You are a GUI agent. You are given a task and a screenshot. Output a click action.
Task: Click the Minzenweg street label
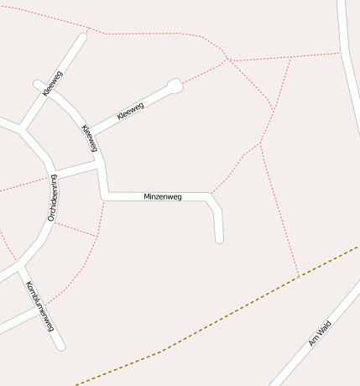[x=163, y=196]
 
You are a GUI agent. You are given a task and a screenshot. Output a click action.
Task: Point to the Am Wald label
[x=320, y=334]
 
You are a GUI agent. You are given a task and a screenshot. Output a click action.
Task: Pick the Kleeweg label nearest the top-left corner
[x=53, y=83]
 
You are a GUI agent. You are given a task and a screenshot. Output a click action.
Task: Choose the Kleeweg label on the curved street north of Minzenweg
[x=90, y=138]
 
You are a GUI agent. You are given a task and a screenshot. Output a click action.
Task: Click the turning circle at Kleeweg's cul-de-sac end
[x=175, y=85]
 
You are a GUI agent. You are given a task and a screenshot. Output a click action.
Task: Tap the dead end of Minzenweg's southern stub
[x=220, y=240]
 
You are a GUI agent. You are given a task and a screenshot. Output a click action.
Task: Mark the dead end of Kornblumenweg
[x=60, y=347]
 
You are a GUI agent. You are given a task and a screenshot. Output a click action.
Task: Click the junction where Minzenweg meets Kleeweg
[x=103, y=196]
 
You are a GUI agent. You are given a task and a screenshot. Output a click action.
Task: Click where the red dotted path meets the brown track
[x=299, y=276]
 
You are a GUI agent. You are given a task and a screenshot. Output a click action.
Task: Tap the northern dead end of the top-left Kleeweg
[x=83, y=36]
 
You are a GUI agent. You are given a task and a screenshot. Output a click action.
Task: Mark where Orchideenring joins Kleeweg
[x=100, y=166]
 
